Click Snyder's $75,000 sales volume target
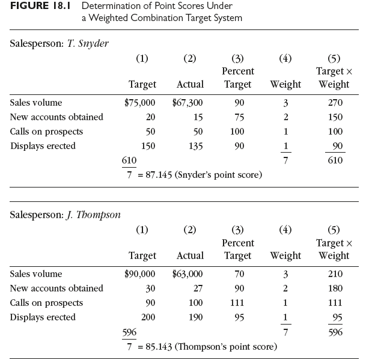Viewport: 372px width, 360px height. (139, 103)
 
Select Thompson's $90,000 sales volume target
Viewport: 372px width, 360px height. (139, 274)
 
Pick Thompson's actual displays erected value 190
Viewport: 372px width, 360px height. (195, 317)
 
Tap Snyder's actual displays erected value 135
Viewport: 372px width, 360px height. (195, 146)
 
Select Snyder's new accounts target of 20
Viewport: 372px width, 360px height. (151, 117)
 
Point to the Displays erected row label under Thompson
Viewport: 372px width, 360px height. (43, 317)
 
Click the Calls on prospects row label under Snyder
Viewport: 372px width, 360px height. (47, 132)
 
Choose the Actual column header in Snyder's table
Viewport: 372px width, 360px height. (190, 85)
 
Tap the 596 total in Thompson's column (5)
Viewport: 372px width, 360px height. (335, 331)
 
